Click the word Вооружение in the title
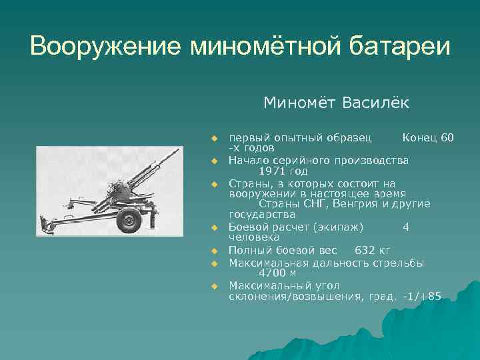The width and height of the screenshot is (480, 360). point(105,47)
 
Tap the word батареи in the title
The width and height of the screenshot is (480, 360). point(403,47)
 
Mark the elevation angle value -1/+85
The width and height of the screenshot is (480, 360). point(422,297)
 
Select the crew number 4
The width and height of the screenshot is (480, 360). point(406,227)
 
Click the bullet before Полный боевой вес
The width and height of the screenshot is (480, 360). point(215,251)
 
